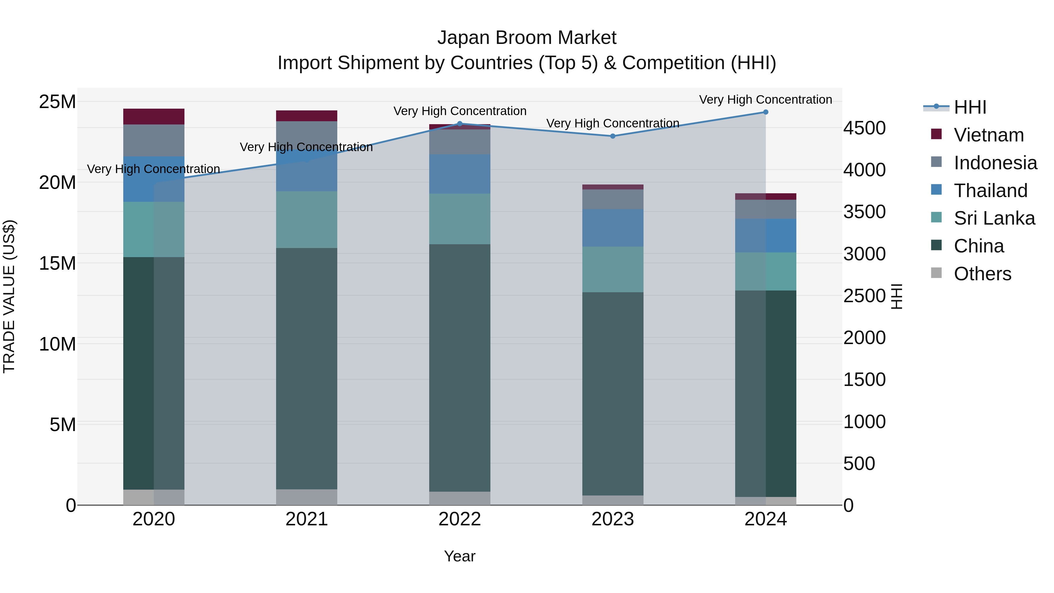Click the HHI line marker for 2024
pyautogui.click(x=766, y=112)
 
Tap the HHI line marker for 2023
pyautogui.click(x=612, y=136)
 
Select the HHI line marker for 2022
pyautogui.click(x=459, y=124)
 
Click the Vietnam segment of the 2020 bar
pyautogui.click(x=154, y=117)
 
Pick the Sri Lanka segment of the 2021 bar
pyautogui.click(x=307, y=219)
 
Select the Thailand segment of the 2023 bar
pyautogui.click(x=612, y=228)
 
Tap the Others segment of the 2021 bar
pyautogui.click(x=307, y=497)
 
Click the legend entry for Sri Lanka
pyautogui.click(x=994, y=218)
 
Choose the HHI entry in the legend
pyautogui.click(x=970, y=107)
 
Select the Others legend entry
pyautogui.click(x=982, y=274)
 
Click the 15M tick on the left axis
pyautogui.click(x=57, y=263)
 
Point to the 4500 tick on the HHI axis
pyautogui.click(x=864, y=128)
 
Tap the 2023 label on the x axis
pyautogui.click(x=612, y=519)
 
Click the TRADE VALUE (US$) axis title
pyautogui.click(x=9, y=296)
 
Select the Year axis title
pyautogui.click(x=459, y=556)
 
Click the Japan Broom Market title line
pyautogui.click(x=527, y=38)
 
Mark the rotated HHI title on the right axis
pyautogui.click(x=896, y=296)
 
